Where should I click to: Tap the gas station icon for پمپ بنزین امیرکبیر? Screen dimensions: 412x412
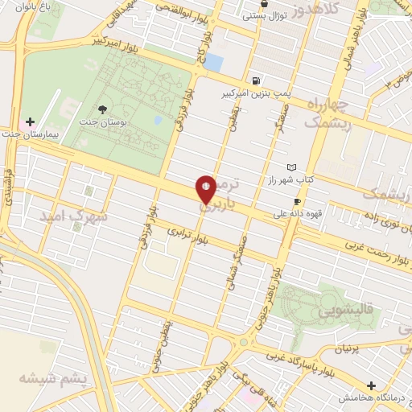pos(256,80)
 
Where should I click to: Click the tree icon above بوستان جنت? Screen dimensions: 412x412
pos(102,109)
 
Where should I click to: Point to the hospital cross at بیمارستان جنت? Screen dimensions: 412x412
pos(31,122)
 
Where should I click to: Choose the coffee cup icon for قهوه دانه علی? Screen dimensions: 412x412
pos(298,201)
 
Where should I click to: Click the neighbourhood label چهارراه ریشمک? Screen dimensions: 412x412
pos(327,113)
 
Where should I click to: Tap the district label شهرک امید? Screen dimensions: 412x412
pos(60,217)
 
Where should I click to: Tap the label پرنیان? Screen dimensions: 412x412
pos(343,350)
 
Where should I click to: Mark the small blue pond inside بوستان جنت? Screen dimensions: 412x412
pos(159,121)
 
